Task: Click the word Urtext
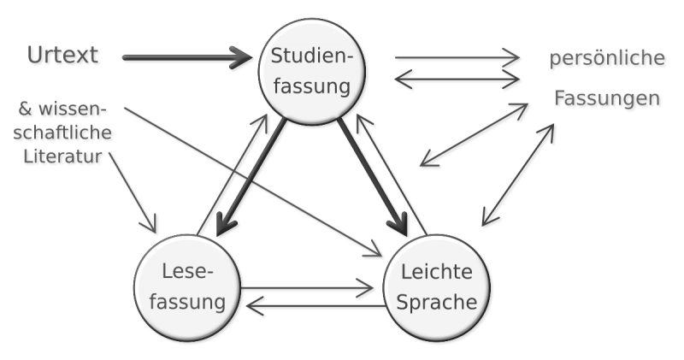62,56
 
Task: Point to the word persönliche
607,59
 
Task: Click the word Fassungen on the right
607,99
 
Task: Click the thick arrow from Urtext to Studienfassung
188,58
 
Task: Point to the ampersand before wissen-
24,109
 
